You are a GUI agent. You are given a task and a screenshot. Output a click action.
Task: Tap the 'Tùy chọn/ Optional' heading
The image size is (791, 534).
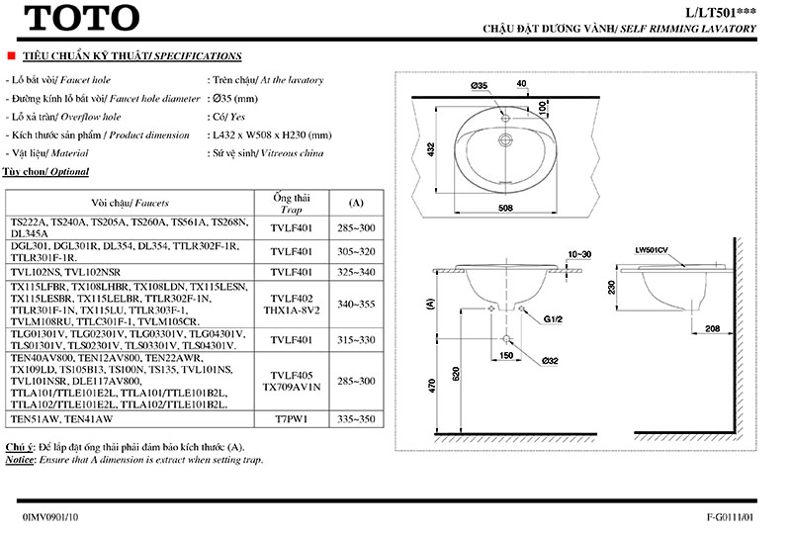pyautogui.click(x=46, y=172)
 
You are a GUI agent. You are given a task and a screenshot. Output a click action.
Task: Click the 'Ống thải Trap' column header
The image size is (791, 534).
pyautogui.click(x=292, y=201)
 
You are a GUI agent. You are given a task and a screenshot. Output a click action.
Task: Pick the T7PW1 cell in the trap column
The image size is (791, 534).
pyautogui.click(x=292, y=419)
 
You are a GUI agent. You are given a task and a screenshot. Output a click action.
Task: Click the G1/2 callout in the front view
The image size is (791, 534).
pyautogui.click(x=553, y=319)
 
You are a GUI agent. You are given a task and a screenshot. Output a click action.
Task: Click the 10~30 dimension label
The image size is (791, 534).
pyautogui.click(x=580, y=254)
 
